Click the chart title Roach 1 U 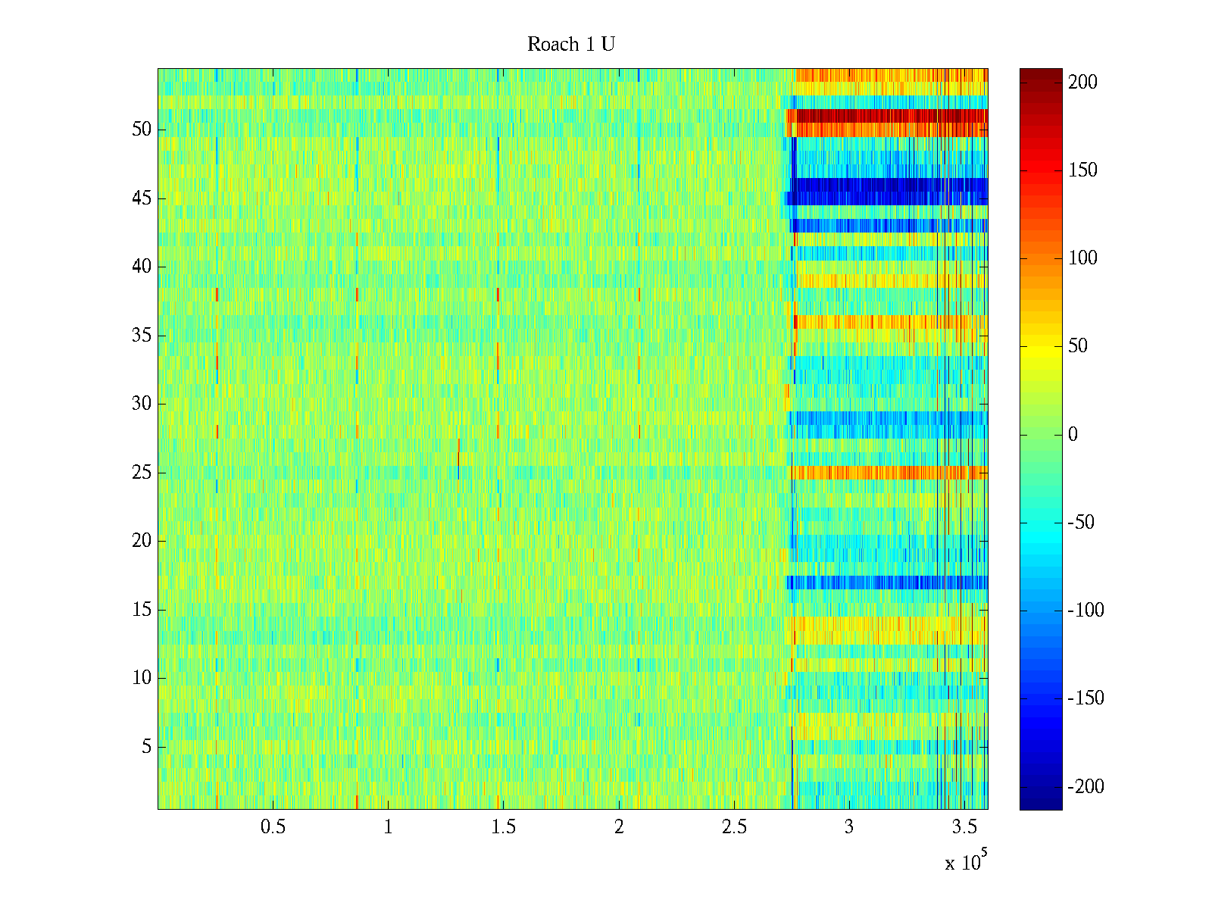[571, 45]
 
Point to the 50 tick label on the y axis [142, 130]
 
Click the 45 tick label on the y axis [142, 198]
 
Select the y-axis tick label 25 [142, 473]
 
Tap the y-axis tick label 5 [146, 747]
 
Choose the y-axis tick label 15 [142, 610]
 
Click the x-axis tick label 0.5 [273, 827]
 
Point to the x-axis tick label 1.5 [503, 827]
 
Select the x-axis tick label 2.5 [733, 827]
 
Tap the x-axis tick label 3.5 [964, 827]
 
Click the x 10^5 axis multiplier [967, 862]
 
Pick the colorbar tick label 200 [1082, 83]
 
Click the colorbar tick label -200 [1085, 787]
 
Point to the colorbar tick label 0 [1073, 435]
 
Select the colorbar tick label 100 [1082, 258]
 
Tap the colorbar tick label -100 [1085, 611]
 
